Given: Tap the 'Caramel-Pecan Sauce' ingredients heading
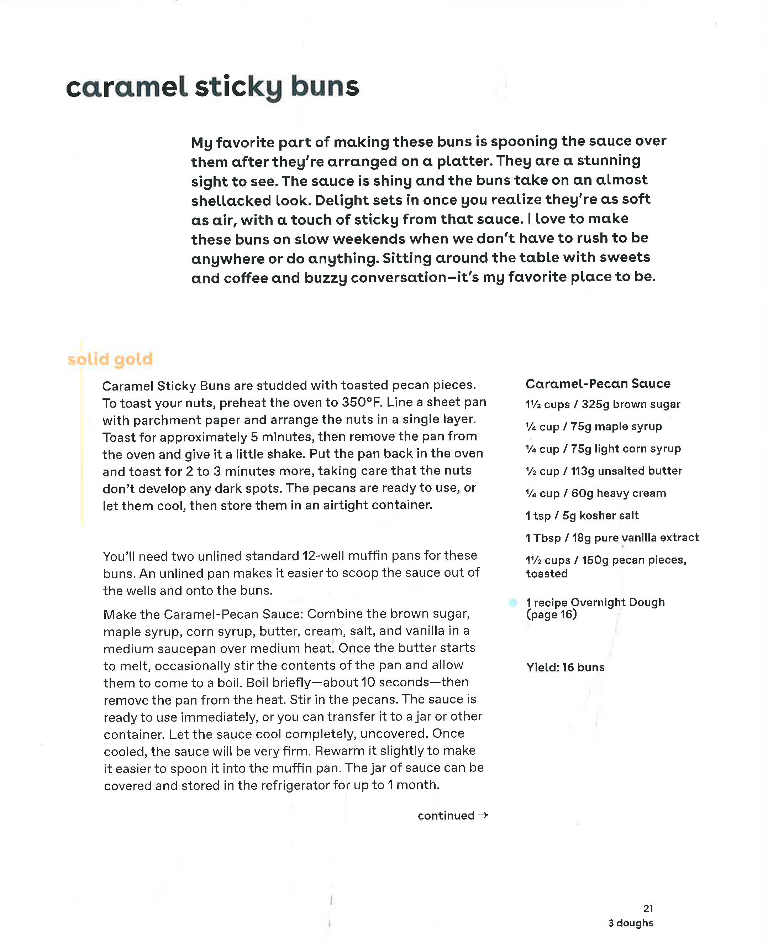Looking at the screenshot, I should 598,384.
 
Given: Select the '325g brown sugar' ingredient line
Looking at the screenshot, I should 603,404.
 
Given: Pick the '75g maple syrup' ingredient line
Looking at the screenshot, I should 593,427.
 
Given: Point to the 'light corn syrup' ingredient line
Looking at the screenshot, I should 603,449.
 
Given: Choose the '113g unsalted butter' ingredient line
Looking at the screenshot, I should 604,471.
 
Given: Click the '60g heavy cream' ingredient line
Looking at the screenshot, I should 595,493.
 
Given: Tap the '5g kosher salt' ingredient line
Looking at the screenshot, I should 582,516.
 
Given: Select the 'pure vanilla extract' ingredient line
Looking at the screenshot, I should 612,538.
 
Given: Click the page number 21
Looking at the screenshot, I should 648,909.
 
